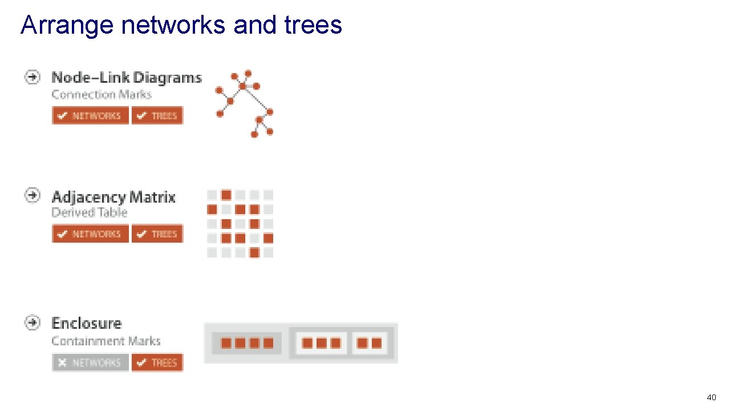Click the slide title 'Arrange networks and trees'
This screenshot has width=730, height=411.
181,25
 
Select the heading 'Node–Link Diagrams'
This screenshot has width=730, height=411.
127,78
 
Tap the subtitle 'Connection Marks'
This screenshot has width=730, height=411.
101,95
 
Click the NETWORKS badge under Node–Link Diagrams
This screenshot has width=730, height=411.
90,115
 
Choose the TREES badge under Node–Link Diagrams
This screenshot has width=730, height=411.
157,115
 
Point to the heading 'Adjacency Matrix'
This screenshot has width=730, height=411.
113,198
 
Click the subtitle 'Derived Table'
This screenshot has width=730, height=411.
89,213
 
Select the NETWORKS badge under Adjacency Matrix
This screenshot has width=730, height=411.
90,233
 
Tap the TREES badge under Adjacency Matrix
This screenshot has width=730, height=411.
157,233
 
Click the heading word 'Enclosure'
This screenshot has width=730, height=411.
87,324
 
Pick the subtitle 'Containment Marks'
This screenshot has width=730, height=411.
106,341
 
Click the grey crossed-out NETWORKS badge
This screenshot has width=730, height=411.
90,362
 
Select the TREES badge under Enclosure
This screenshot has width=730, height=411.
157,362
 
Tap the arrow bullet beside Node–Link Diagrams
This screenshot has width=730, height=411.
33,76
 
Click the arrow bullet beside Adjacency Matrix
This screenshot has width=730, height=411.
33,195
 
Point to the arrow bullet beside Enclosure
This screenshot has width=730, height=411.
33,323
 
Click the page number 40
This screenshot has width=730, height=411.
711,397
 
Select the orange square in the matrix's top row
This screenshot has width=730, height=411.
226,195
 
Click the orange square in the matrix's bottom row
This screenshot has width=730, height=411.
254,252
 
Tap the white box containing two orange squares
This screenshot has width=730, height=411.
370,343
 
